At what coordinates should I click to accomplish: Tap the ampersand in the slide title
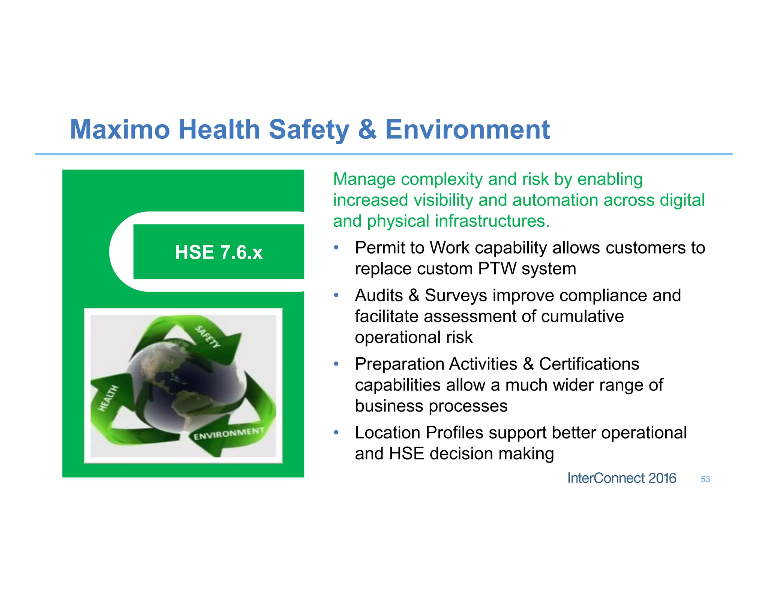[x=367, y=130]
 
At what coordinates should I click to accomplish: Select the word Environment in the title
[x=467, y=130]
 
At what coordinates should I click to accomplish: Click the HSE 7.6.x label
[x=219, y=252]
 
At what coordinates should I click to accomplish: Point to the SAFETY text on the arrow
[x=207, y=336]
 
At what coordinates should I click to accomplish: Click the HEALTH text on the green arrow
[x=108, y=398]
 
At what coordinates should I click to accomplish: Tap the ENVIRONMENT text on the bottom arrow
[x=228, y=434]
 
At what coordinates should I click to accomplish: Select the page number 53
[x=705, y=479]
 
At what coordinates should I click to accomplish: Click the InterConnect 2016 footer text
[x=621, y=478]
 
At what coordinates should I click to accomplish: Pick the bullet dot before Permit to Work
[x=336, y=247]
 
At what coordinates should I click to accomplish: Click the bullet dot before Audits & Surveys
[x=336, y=295]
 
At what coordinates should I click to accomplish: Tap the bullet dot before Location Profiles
[x=336, y=433]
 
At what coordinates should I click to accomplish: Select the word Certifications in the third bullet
[x=589, y=364]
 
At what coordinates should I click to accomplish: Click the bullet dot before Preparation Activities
[x=336, y=364]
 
